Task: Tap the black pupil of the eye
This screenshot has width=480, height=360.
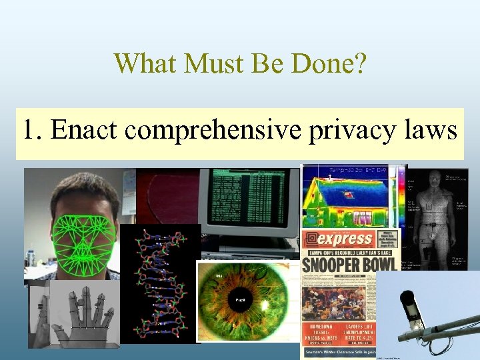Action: [x=241, y=301]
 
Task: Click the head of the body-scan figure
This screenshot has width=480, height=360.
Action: [x=437, y=179]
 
